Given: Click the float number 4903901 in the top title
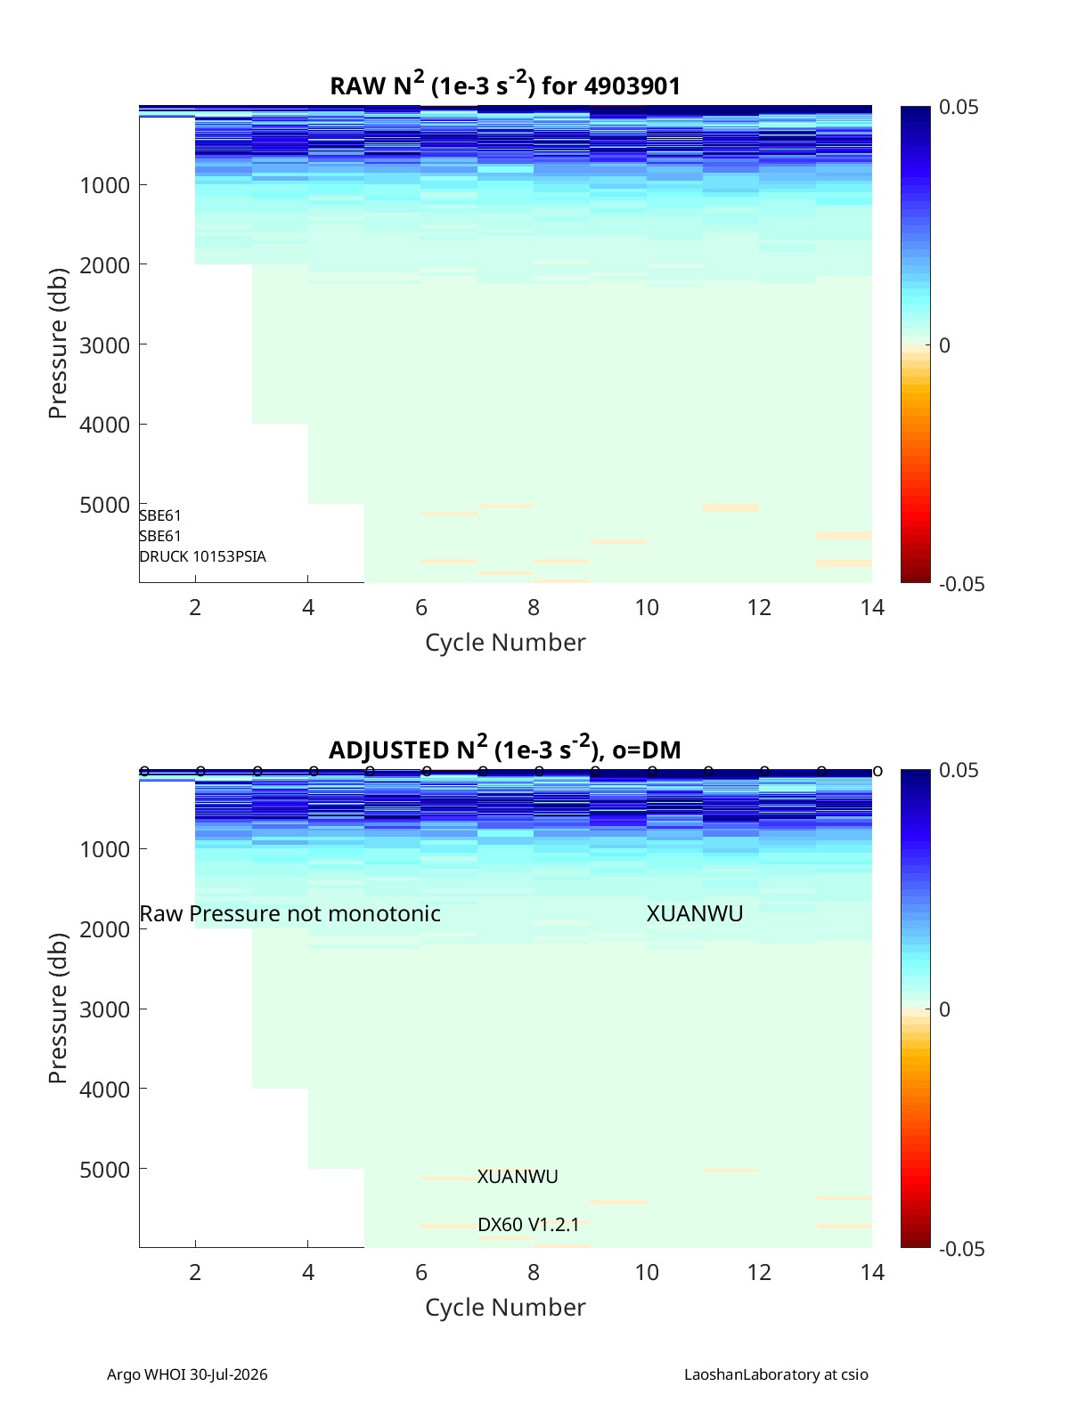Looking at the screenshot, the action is click(632, 85).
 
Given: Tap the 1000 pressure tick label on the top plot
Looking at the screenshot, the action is click(104, 185).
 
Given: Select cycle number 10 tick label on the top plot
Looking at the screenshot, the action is click(646, 607).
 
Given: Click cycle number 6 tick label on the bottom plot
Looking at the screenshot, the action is click(420, 1272).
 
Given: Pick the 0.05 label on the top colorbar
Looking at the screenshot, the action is click(959, 107).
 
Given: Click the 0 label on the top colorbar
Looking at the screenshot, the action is click(943, 345).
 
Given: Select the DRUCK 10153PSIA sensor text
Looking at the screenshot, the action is click(202, 556).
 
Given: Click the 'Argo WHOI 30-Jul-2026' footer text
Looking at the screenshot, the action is click(187, 1374).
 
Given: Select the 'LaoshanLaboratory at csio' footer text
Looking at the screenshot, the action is click(776, 1374).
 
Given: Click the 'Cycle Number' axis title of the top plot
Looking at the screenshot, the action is click(505, 642).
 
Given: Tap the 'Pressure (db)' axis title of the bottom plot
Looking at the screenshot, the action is click(58, 1008).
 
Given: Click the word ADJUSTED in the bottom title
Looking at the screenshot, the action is click(389, 750).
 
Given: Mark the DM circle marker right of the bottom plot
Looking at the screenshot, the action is click(877, 771).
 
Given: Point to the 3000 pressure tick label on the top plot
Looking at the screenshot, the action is click(104, 344).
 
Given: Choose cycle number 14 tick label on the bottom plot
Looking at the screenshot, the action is click(871, 1272).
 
